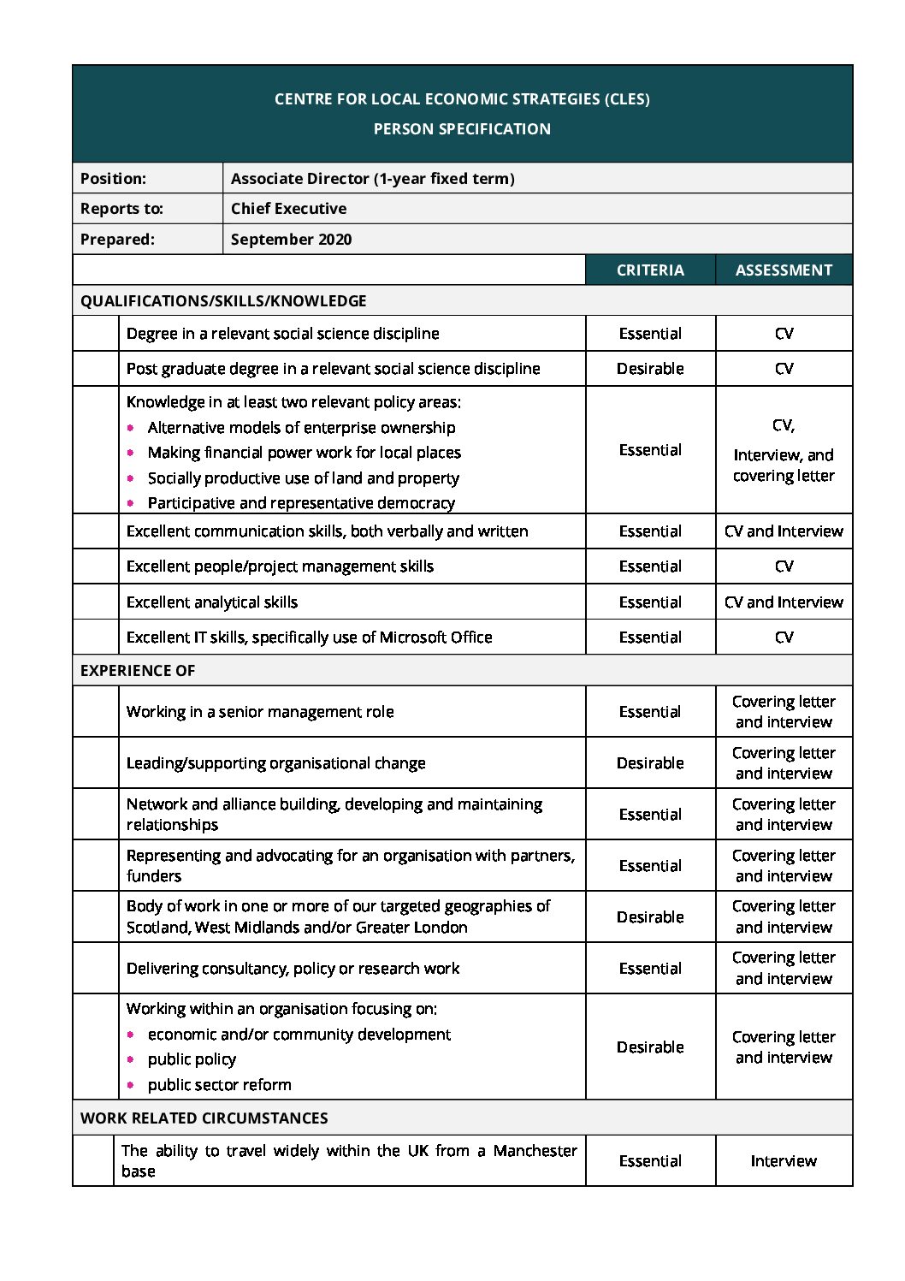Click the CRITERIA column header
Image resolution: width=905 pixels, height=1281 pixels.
click(650, 270)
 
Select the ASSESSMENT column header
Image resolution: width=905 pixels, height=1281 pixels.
click(784, 270)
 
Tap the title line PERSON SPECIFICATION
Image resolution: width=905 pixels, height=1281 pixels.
click(462, 129)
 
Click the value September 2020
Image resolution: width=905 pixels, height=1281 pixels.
click(291, 240)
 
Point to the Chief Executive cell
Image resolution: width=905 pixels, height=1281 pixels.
click(288, 209)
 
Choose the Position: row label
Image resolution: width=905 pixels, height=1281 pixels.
click(113, 179)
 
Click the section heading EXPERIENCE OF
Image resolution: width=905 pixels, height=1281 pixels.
click(138, 671)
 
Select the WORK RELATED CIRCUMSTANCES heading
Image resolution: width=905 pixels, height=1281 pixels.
click(204, 1118)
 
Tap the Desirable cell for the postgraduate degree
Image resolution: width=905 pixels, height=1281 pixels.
click(650, 369)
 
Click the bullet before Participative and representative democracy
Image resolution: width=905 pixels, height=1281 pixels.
click(131, 503)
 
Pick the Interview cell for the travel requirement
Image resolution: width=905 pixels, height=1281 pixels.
click(784, 1161)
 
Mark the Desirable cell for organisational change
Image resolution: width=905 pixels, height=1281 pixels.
click(650, 763)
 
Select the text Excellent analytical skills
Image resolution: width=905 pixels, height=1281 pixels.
click(212, 602)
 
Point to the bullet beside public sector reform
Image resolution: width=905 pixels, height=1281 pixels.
click(131, 1085)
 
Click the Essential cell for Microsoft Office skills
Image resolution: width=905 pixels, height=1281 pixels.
click(650, 638)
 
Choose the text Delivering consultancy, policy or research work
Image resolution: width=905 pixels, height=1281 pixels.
click(293, 969)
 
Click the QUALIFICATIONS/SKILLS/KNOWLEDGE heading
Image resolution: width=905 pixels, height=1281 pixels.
click(223, 301)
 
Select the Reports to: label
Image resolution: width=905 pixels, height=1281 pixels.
click(121, 209)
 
